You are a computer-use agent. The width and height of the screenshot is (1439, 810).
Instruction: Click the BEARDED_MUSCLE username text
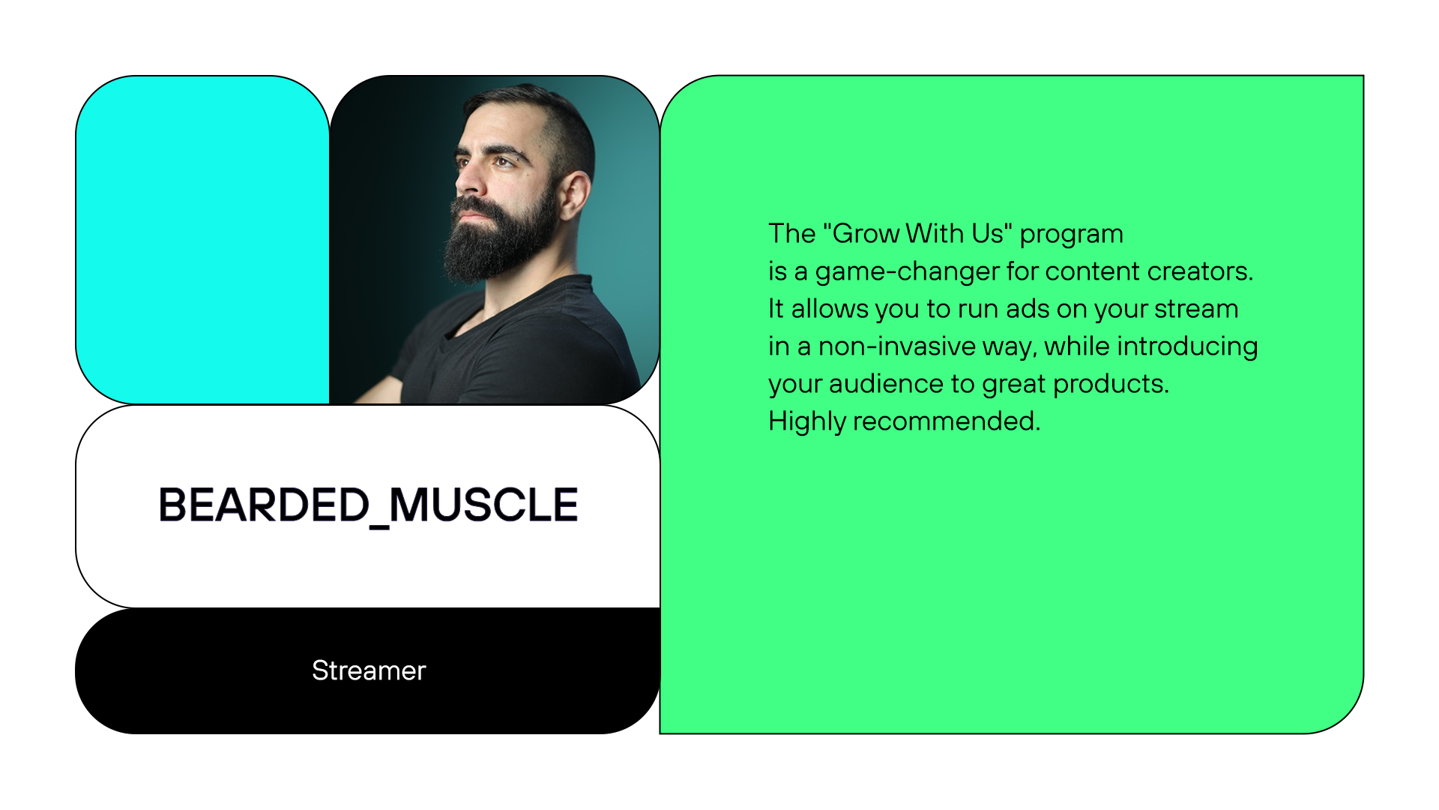368,505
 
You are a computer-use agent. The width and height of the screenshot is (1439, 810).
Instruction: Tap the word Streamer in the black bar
369,670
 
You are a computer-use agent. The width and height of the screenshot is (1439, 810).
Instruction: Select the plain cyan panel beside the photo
202,240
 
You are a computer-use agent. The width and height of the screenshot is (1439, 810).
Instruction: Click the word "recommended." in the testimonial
947,421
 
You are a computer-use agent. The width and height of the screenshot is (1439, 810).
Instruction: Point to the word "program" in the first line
1071,234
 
